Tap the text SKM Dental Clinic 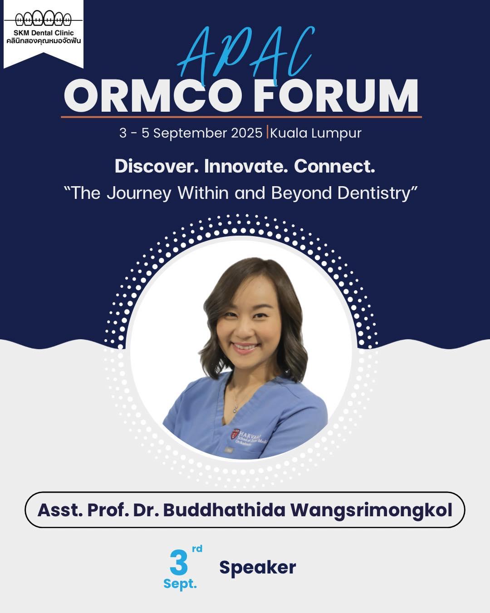44,33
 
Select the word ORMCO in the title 152,96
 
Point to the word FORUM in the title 336,96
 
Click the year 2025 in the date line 246,133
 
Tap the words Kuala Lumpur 315,133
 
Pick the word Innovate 246,166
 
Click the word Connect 334,166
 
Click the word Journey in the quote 139,194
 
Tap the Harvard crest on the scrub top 235,433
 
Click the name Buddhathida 224,510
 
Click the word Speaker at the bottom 258,568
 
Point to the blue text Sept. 180,584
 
